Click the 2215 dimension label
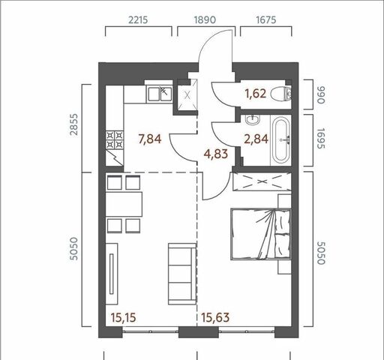click(x=138, y=19)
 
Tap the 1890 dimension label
click(x=205, y=19)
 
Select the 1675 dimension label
click(x=266, y=19)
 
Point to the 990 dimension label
click(x=320, y=95)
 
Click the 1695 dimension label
click(x=321, y=139)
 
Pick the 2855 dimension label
click(x=74, y=124)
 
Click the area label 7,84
click(x=150, y=139)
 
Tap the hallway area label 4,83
click(x=216, y=154)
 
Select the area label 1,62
click(x=256, y=94)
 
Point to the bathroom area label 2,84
click(x=256, y=139)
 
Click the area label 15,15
click(x=124, y=318)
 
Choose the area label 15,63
click(x=215, y=318)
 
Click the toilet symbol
click(x=281, y=94)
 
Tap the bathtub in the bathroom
click(x=281, y=140)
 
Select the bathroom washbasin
click(x=253, y=119)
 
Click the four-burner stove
click(x=115, y=140)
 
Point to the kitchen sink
click(x=160, y=94)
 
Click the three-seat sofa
click(x=182, y=274)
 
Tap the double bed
click(x=261, y=234)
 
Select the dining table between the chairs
click(x=124, y=204)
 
